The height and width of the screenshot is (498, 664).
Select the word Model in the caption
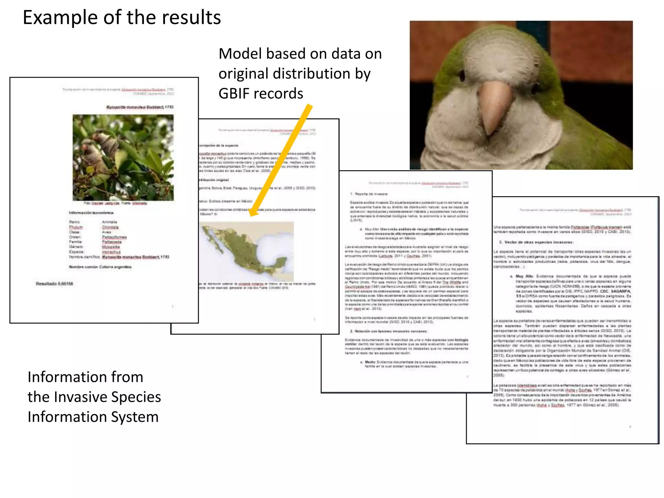(x=240, y=54)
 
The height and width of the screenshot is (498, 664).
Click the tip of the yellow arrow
(x=252, y=214)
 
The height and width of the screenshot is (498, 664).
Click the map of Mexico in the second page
(x=246, y=251)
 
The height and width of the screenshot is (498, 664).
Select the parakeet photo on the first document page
(x=123, y=158)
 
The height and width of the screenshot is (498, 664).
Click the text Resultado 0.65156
(x=54, y=284)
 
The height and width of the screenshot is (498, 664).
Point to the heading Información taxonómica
(x=91, y=213)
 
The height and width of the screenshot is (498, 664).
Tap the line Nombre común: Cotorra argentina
(x=100, y=267)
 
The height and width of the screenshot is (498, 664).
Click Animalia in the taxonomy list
(x=110, y=222)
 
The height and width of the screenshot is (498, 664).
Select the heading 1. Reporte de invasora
(x=369, y=194)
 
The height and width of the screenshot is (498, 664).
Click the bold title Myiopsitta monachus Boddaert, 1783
(x=140, y=107)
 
